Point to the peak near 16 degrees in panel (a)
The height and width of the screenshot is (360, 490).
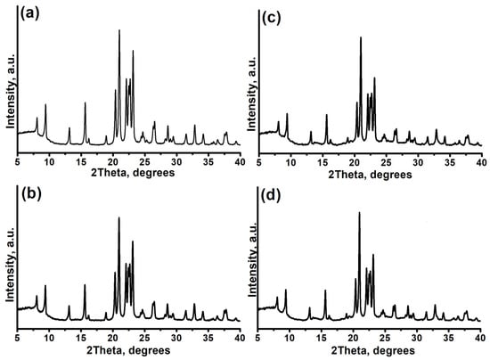(x=86, y=104)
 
